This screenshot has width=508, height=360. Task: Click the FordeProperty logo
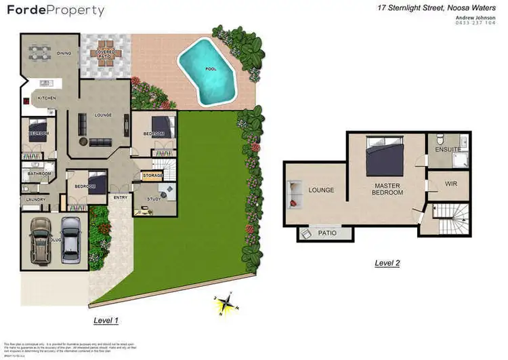coord(56,11)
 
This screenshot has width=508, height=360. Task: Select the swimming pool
coord(208,71)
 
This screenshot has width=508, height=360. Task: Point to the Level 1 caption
coord(106,319)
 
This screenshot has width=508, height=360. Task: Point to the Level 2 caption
coord(387,262)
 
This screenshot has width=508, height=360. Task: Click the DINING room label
coord(64,53)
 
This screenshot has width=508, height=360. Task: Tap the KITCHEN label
coord(47,99)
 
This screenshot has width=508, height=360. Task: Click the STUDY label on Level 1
coord(154,199)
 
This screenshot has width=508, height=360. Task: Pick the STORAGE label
coord(152,176)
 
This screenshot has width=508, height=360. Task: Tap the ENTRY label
coord(121,197)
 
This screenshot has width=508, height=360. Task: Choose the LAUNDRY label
coord(35,199)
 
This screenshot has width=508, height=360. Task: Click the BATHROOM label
coord(39,174)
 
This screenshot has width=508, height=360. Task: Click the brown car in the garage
coord(40,240)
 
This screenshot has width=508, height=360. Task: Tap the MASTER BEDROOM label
coord(388,188)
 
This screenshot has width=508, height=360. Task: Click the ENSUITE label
coord(448,149)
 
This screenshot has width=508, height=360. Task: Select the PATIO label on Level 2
coord(328,234)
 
